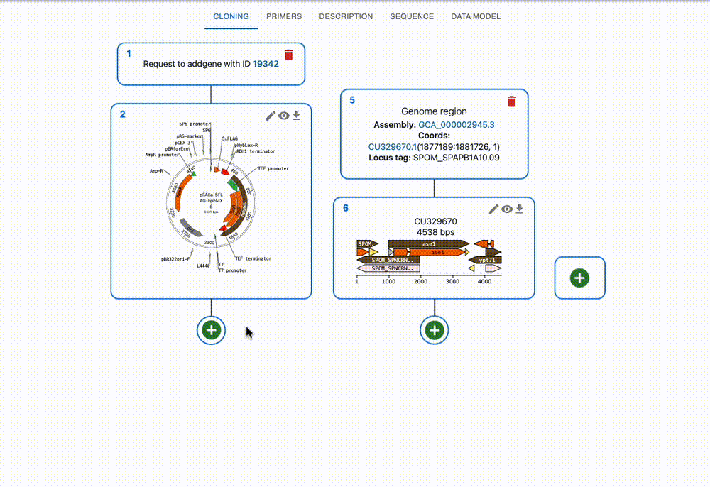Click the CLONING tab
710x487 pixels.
tap(231, 16)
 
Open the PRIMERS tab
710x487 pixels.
tap(284, 16)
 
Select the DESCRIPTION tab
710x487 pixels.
tap(346, 16)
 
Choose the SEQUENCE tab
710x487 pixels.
tap(412, 16)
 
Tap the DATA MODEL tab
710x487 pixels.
tap(476, 16)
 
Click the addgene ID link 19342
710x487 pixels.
tap(266, 64)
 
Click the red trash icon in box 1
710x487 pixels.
tap(288, 55)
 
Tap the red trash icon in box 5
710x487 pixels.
tap(511, 102)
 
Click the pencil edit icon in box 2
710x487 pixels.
tap(270, 116)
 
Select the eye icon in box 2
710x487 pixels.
tap(283, 116)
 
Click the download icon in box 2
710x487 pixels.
tap(297, 116)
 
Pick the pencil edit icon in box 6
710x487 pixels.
tap(493, 209)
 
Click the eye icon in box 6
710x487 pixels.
tap(507, 209)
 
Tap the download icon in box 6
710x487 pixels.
tap(520, 209)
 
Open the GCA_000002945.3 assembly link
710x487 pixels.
tap(457, 125)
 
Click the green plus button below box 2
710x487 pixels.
tap(211, 329)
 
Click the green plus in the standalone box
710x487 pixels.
tap(579, 278)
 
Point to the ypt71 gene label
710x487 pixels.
tap(487, 260)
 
